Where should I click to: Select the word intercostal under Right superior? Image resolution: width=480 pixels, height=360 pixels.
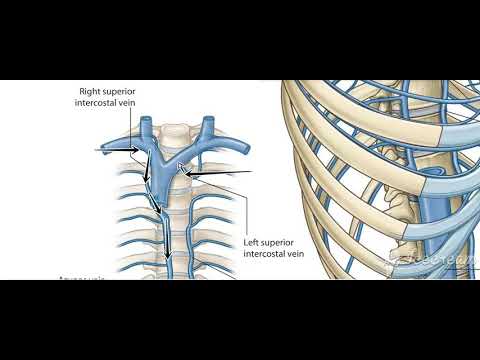pyautogui.click(x=99, y=101)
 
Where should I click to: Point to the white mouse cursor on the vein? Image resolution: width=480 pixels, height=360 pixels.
pyautogui.click(x=179, y=166)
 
